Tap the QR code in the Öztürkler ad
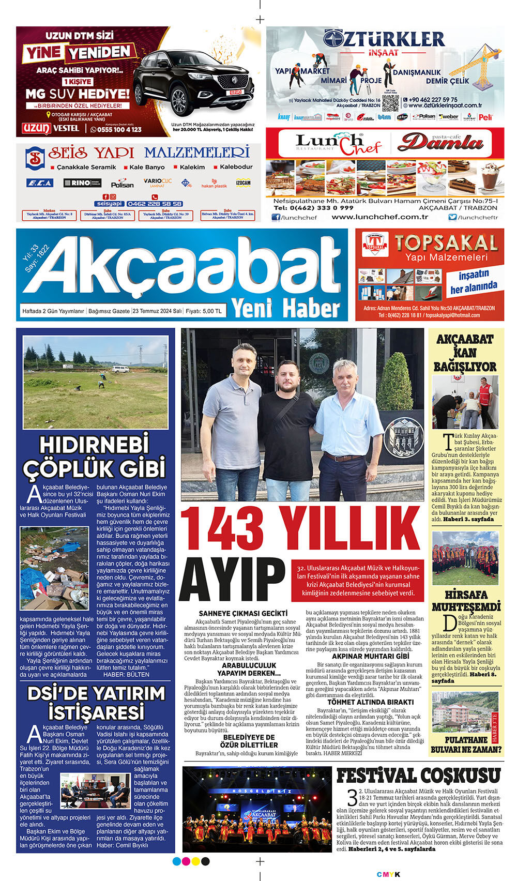tap(390, 103)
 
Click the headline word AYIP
tap(233, 580)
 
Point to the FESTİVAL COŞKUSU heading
tap(419, 776)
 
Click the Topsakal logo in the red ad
tap(376, 244)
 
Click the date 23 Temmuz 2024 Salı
tap(157, 311)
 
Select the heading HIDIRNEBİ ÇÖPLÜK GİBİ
tap(94, 457)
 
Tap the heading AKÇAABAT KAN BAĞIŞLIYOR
tap(465, 353)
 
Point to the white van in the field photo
tap(120, 369)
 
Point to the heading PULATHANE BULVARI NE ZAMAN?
tap(466, 744)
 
